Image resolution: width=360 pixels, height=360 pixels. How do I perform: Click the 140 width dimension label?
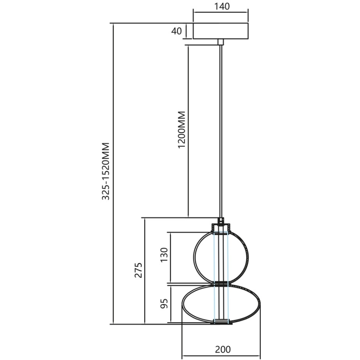[x=221, y=6]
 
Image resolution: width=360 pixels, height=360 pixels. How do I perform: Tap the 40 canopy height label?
[x=177, y=31]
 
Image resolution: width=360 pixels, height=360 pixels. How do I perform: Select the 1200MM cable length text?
[x=181, y=130]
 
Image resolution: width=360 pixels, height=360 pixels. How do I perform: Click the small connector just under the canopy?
[x=221, y=41]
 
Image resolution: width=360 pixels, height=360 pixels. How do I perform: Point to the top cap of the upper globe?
[x=221, y=227]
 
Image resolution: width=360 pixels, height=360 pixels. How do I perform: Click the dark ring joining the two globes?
[x=221, y=284]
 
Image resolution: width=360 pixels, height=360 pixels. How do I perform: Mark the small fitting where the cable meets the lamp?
[x=221, y=220]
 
